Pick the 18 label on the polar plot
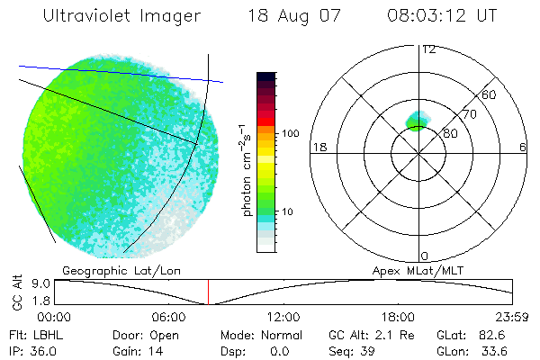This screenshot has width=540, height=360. (x=318, y=147)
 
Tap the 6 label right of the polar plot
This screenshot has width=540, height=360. (x=523, y=147)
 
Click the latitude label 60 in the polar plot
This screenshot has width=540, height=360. (x=490, y=94)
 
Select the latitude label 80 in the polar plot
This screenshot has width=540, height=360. (x=451, y=133)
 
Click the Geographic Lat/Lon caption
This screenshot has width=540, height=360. (x=104, y=270)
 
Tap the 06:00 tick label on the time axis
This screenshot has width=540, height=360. (x=169, y=317)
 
